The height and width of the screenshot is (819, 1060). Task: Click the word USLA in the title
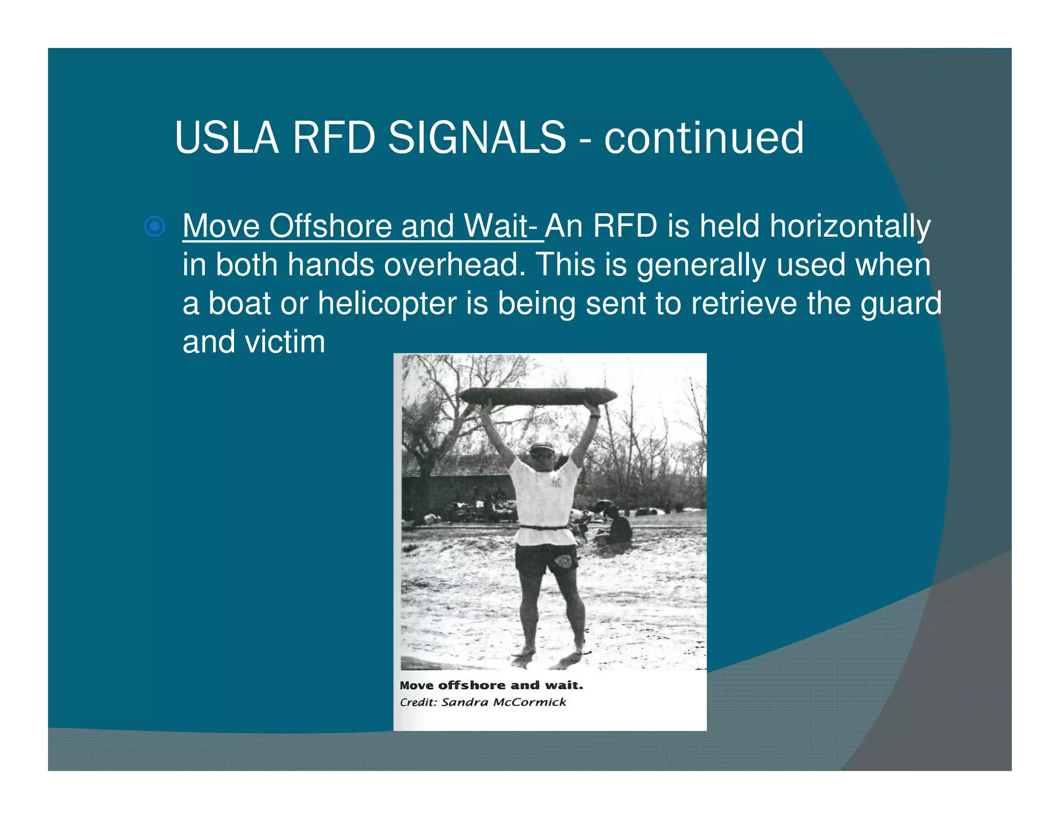point(227,138)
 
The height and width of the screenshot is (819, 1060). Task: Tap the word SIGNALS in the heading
point(477,138)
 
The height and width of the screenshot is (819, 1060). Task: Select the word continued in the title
point(704,138)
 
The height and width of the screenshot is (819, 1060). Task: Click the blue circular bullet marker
point(155,227)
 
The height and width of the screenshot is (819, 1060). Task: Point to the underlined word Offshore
point(331,226)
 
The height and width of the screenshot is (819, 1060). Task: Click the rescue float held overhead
point(538,397)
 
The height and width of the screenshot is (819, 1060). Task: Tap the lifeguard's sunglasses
point(541,456)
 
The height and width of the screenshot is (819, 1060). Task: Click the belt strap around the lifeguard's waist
point(543,528)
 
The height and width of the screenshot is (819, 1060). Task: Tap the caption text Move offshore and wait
point(491,685)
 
